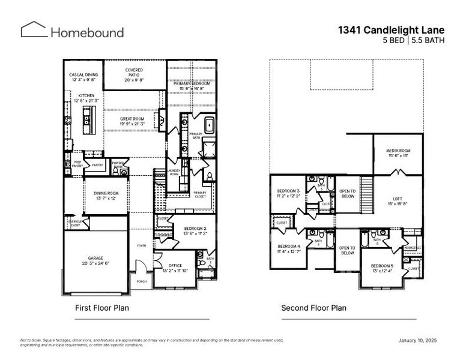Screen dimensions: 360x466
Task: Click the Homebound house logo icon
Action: tap(34, 29)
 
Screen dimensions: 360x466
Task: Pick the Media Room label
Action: tap(398, 152)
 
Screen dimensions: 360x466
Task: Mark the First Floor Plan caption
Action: tap(101, 308)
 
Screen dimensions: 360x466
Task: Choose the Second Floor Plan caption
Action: tap(313, 308)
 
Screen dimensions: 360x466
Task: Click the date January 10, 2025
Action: tap(417, 341)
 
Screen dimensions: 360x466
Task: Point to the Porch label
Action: tap(142, 281)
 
